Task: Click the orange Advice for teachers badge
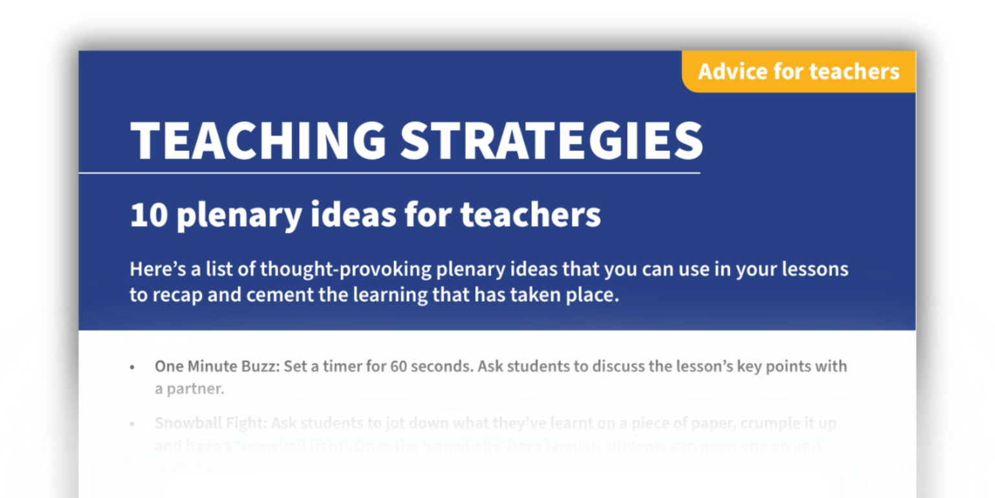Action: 799,71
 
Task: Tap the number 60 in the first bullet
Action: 398,366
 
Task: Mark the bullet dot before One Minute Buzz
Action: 133,367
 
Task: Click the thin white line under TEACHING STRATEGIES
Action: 389,173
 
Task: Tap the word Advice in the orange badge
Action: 732,71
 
